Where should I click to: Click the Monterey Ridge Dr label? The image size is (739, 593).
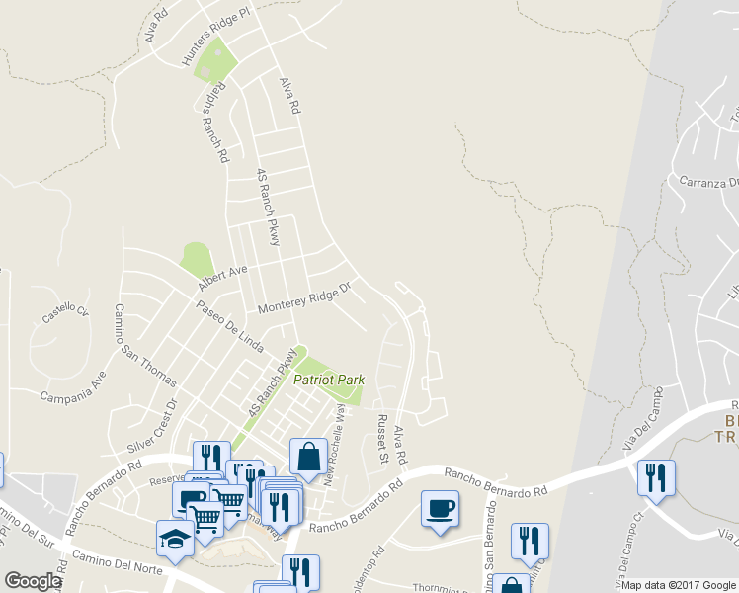304,299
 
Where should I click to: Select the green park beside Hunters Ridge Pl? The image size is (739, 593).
216,62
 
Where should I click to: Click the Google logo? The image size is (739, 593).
33,581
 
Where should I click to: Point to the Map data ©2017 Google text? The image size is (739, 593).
678,585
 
